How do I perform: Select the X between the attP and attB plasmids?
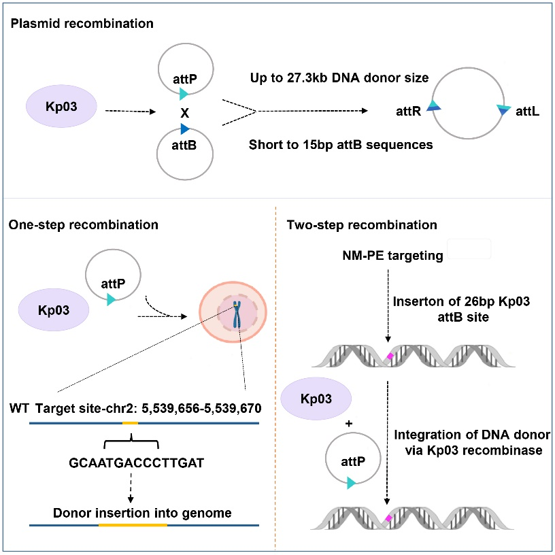tap(184, 111)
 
